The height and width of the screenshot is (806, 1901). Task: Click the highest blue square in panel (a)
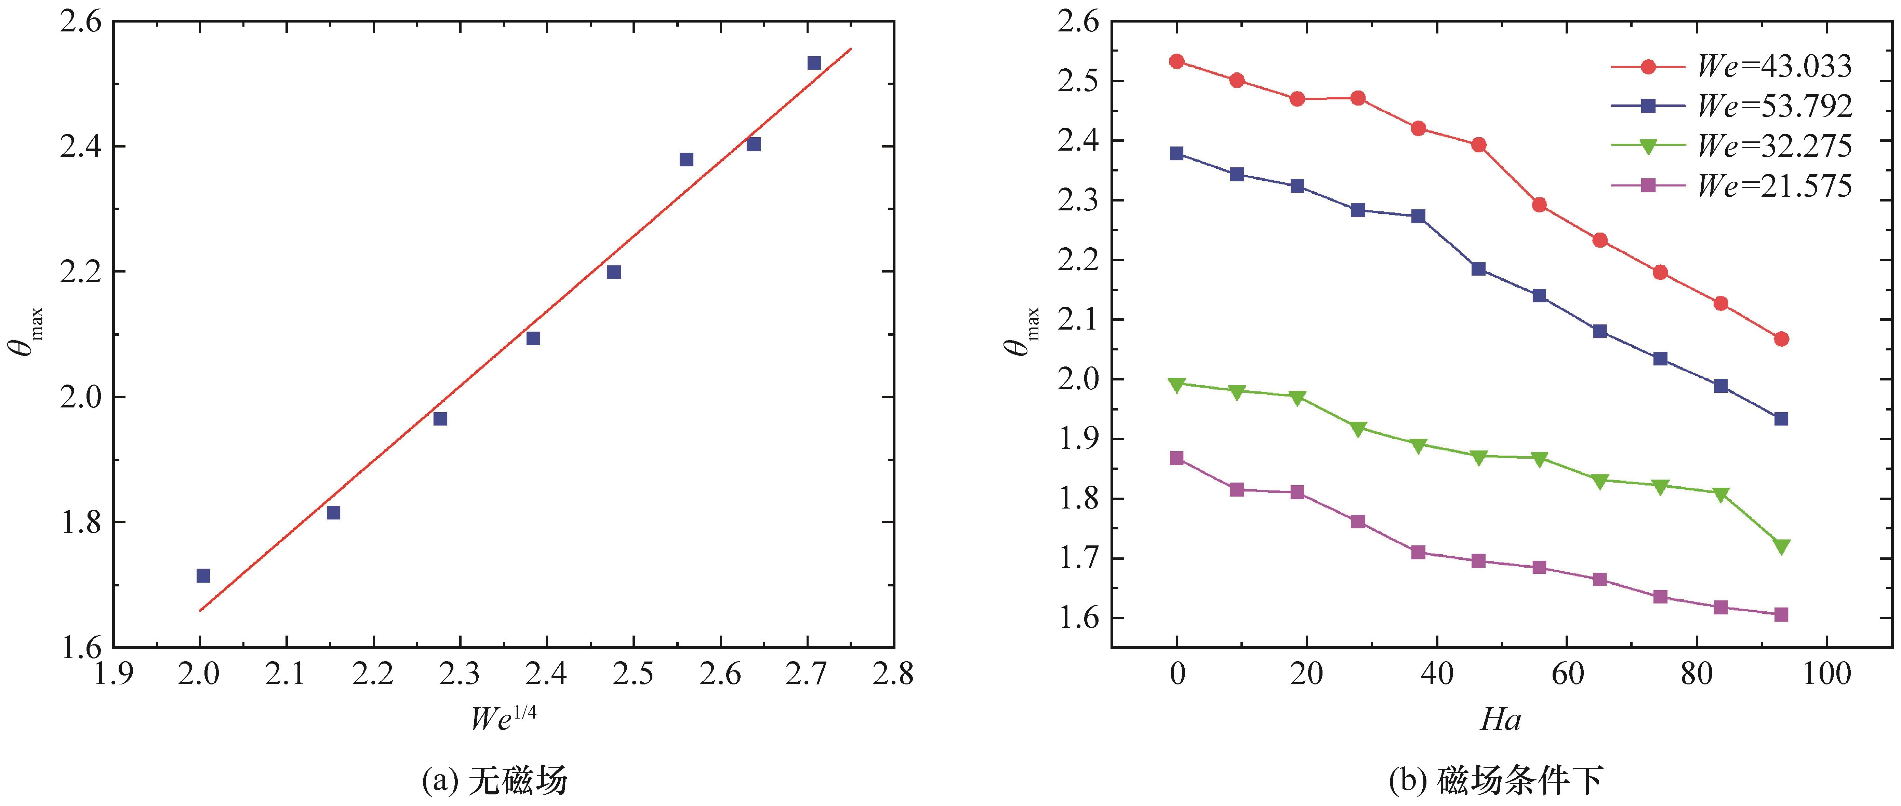(814, 64)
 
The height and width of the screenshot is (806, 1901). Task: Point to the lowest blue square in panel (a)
(203, 575)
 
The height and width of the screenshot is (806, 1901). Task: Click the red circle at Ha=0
(1177, 61)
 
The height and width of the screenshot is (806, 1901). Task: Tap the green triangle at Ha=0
(1177, 384)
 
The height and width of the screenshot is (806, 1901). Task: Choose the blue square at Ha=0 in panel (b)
(1177, 153)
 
